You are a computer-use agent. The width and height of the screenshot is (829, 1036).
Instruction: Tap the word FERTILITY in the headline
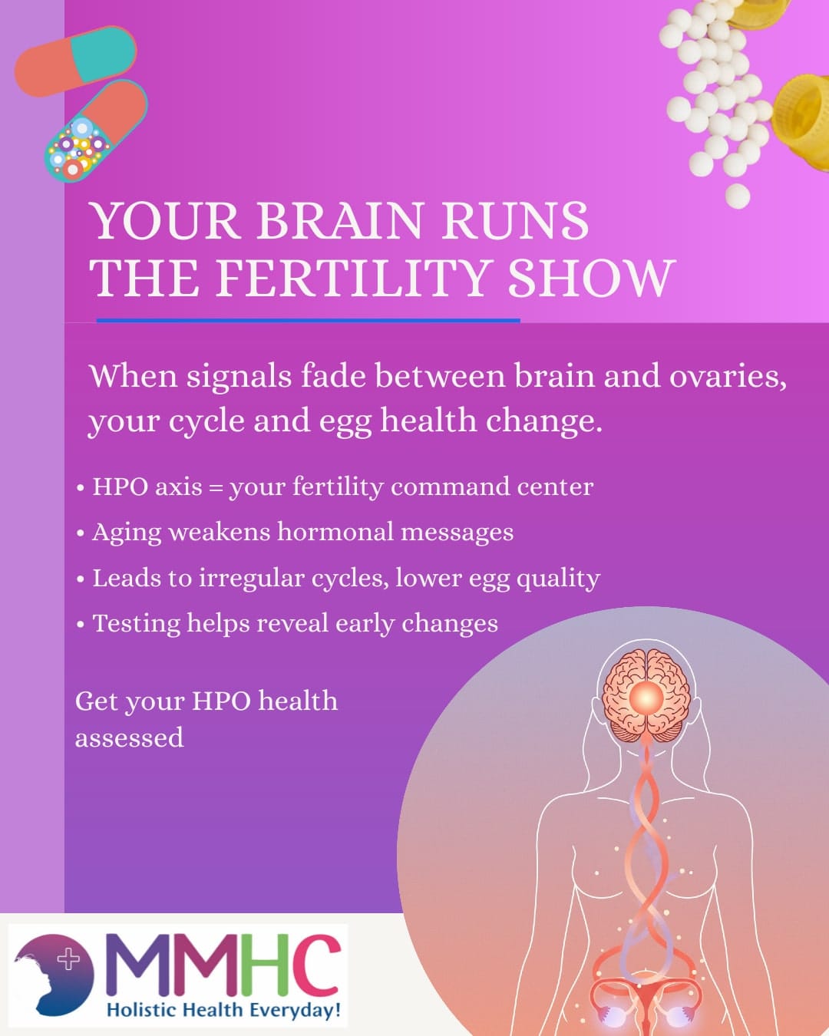[x=352, y=278]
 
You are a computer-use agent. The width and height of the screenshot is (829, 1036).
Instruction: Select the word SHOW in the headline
[x=591, y=278]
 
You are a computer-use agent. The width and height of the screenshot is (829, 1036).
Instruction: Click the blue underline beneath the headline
[x=308, y=320]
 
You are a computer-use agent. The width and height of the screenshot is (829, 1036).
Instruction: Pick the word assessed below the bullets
[x=130, y=738]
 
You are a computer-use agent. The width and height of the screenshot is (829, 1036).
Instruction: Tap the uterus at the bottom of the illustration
[x=646, y=998]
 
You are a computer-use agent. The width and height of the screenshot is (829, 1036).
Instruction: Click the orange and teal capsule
[x=75, y=61]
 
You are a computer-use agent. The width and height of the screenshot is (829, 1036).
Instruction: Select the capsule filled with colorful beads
[x=95, y=132]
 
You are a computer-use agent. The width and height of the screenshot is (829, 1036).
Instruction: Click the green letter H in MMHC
[x=259, y=965]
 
